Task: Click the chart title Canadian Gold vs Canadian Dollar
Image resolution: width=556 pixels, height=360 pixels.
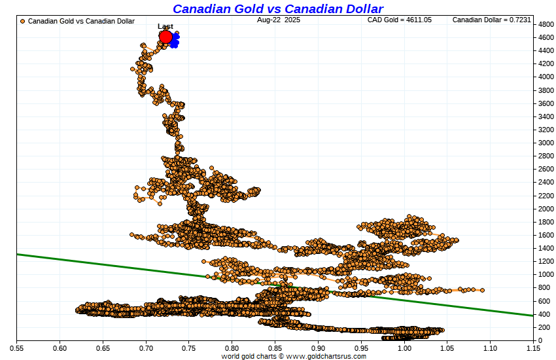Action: tap(278, 9)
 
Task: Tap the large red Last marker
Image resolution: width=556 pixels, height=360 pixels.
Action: tap(165, 37)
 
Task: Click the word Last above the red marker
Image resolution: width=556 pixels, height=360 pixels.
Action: tap(165, 27)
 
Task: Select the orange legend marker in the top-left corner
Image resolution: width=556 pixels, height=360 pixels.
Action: tap(23, 21)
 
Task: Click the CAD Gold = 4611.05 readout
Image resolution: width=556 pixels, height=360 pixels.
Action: tap(400, 20)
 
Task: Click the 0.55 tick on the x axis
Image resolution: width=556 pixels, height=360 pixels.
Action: tap(16, 348)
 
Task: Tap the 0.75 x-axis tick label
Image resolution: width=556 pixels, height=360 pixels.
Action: tap(188, 348)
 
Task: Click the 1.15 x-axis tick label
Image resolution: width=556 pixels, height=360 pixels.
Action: tap(533, 348)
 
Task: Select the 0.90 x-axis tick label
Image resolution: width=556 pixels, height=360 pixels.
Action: tap(318, 348)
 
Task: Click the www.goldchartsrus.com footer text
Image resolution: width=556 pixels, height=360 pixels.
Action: tap(326, 356)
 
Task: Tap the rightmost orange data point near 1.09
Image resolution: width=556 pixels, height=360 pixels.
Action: tap(482, 290)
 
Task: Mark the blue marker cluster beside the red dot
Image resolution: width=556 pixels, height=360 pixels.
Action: tap(175, 41)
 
